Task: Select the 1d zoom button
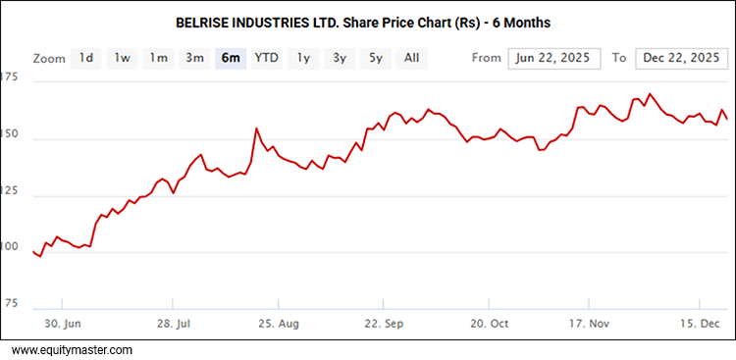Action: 86,58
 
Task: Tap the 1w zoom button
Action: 122,58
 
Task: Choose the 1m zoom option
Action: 158,58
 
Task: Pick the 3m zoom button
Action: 194,58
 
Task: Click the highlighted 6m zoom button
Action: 231,58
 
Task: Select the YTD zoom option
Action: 266,58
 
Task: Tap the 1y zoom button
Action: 303,58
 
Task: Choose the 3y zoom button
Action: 339,58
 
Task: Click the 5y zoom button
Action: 375,58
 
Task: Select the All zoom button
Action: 411,58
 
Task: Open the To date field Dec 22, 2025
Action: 679,59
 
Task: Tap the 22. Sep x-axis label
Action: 383,323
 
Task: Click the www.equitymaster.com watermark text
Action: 72,349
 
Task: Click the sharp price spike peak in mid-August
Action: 256,129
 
